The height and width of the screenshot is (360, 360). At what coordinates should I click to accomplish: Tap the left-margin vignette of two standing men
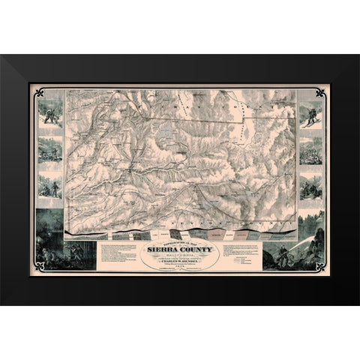[50, 186]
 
